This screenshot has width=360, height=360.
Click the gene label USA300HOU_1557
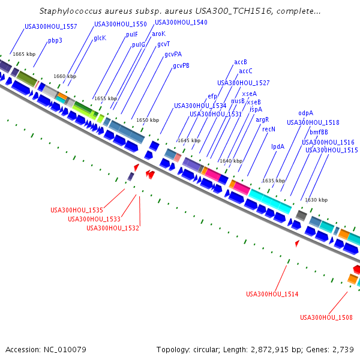point(51,26)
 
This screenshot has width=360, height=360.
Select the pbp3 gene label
point(55,41)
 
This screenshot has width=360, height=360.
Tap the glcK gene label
point(100,38)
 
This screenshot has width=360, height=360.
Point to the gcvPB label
point(181,65)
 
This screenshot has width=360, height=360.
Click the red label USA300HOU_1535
point(77,210)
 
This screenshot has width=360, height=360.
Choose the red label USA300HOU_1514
point(272,294)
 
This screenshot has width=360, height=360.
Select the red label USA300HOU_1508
point(326,317)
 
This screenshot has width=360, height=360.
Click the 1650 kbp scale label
point(148,120)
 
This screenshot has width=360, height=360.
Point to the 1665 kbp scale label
point(24,54)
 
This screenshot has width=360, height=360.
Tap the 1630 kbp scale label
point(316,200)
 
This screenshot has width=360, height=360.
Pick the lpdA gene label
point(278,146)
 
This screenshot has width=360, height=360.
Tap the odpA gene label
point(305,113)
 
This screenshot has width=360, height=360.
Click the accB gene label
point(241,62)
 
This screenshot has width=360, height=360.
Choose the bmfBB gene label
point(319,132)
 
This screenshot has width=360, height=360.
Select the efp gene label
point(212,96)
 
